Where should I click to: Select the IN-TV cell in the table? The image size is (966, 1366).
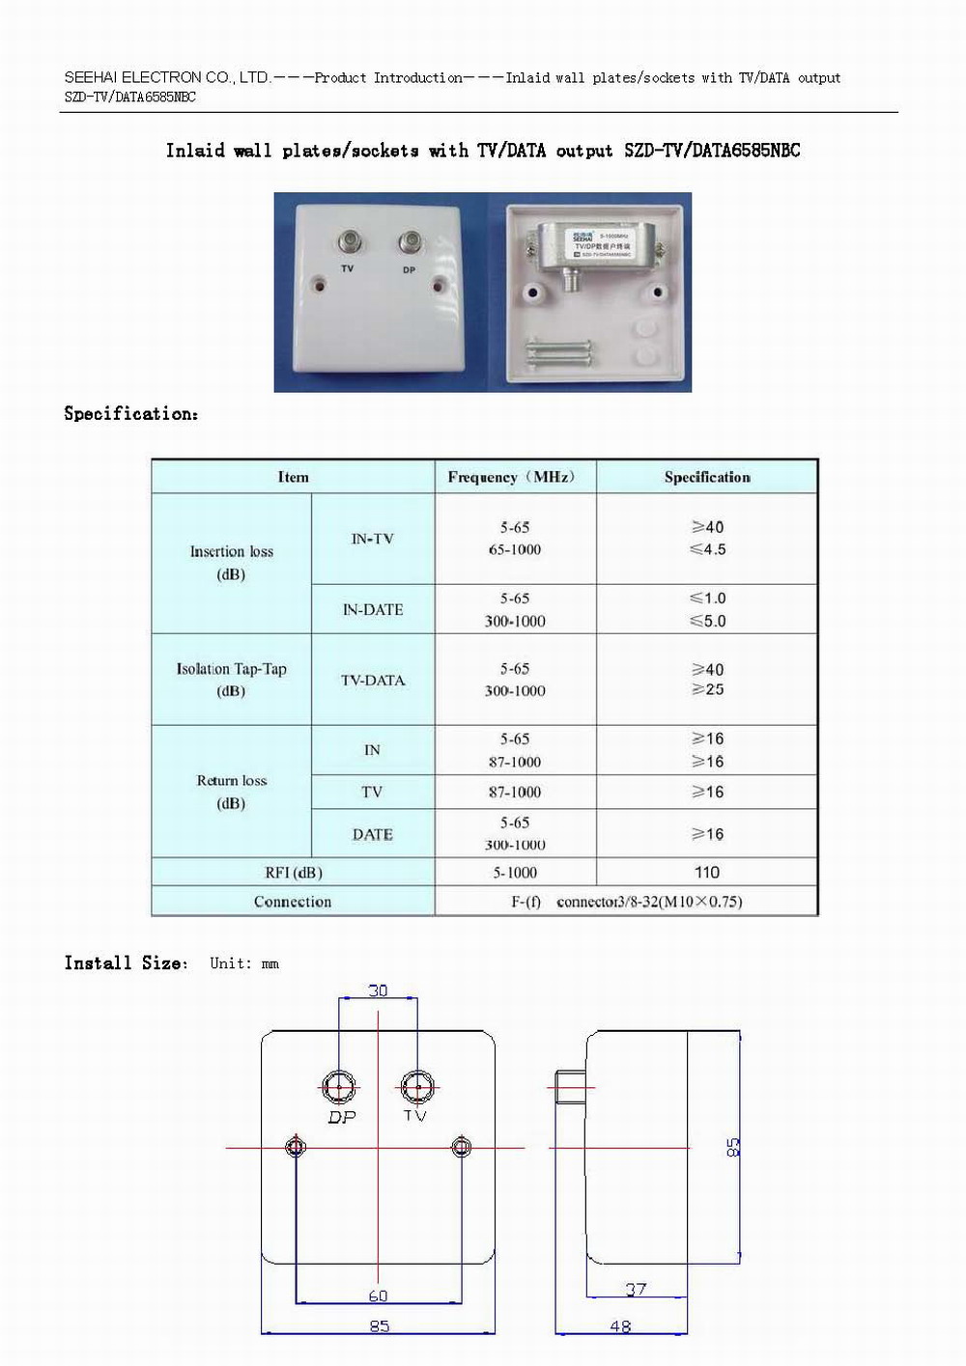[372, 539]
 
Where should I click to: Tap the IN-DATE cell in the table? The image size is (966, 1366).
[372, 609]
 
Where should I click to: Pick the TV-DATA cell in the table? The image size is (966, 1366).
[372, 680]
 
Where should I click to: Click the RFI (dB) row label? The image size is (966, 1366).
[293, 872]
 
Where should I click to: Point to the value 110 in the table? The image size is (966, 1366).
[706, 872]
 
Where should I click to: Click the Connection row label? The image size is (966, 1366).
[293, 901]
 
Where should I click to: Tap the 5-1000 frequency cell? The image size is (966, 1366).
[515, 872]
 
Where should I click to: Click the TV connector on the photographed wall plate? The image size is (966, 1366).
[348, 242]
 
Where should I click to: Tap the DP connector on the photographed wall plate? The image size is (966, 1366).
[410, 242]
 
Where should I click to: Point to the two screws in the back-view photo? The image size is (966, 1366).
[556, 352]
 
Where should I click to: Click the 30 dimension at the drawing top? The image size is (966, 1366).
[378, 990]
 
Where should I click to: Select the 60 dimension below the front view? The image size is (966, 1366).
[378, 1296]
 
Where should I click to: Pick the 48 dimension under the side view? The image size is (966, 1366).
[620, 1326]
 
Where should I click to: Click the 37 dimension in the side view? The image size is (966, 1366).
[636, 1289]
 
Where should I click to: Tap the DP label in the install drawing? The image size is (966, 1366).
[342, 1117]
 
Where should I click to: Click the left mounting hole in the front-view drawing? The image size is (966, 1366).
[296, 1147]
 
